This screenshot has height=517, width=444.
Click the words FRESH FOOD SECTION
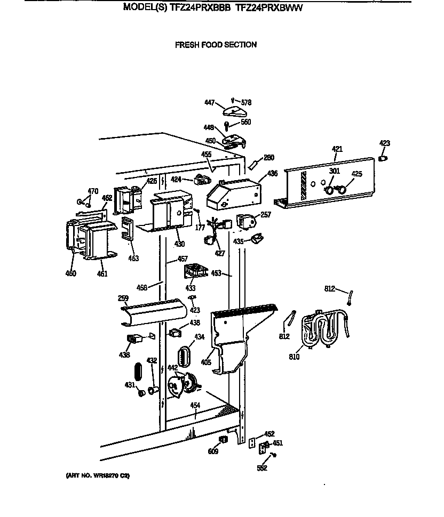point(216,45)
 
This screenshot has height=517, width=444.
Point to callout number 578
point(245,102)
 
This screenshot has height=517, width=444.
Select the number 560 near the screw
point(245,122)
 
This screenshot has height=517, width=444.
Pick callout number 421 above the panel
point(337,149)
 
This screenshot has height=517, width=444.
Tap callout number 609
point(213,451)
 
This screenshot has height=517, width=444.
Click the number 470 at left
point(93,191)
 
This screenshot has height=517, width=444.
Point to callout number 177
point(201,228)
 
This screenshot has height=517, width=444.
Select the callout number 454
point(195,406)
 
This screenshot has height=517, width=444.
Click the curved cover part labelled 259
point(154,312)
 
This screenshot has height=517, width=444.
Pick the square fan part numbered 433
point(195,271)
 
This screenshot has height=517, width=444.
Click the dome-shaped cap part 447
point(235,112)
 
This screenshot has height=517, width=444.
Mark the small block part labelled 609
point(223,439)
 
